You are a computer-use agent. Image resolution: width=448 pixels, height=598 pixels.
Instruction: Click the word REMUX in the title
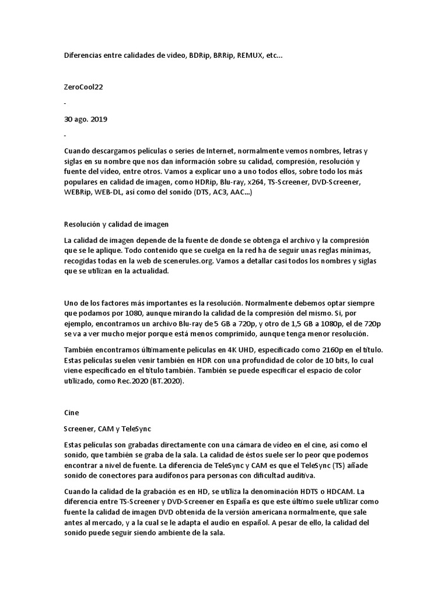pyautogui.click(x=250, y=55)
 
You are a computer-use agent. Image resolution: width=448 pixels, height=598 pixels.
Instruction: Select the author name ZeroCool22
pyautogui.click(x=85, y=87)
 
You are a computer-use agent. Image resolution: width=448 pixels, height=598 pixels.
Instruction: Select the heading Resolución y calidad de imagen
pyautogui.click(x=116, y=224)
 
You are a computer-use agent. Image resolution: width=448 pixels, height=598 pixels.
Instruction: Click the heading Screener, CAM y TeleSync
pyautogui.click(x=107, y=428)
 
